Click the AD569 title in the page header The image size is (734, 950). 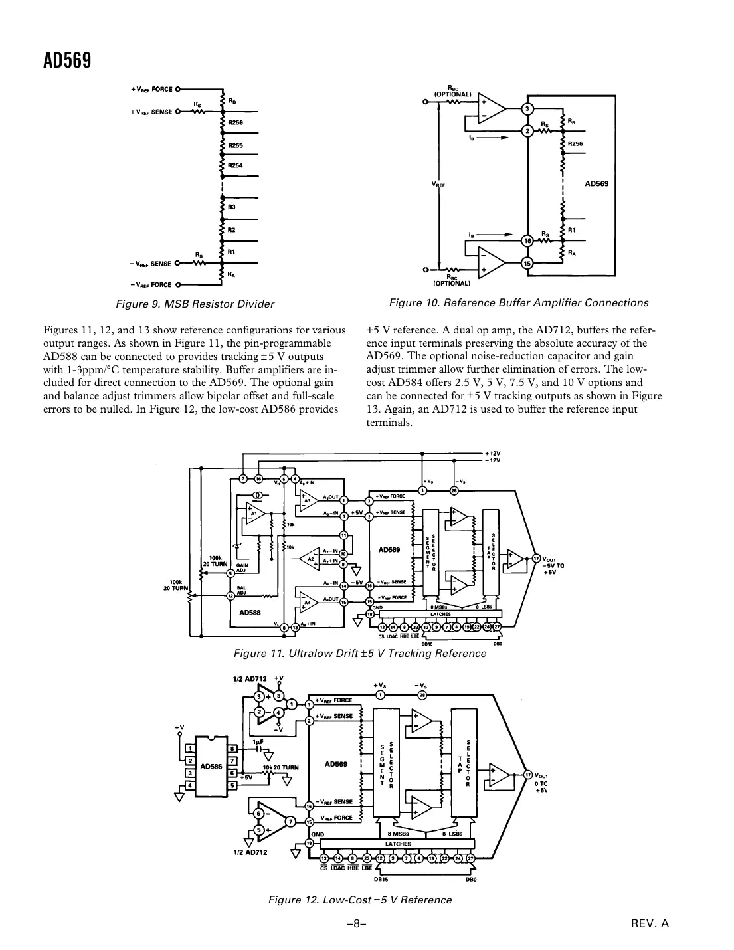tap(67, 60)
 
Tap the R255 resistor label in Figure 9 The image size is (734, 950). tap(235, 145)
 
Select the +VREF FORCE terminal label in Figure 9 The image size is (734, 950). tap(151, 88)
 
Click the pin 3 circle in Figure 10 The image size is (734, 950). tap(527, 108)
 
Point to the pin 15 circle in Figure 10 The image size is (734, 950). tap(527, 263)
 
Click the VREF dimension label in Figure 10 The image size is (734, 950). tap(438, 185)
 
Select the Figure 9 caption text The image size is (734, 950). tap(195, 304)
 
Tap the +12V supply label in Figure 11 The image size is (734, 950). tap(493, 453)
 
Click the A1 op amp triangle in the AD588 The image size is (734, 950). tap(254, 514)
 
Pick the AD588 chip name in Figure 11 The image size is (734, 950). tap(250, 613)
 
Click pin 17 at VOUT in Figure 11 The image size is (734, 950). tap(536, 558)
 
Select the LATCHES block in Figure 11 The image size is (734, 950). tap(440, 614)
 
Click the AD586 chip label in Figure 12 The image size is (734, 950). tap(211, 766)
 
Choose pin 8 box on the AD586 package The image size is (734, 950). tap(232, 749)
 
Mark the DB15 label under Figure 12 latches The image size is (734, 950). tap(380, 880)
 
